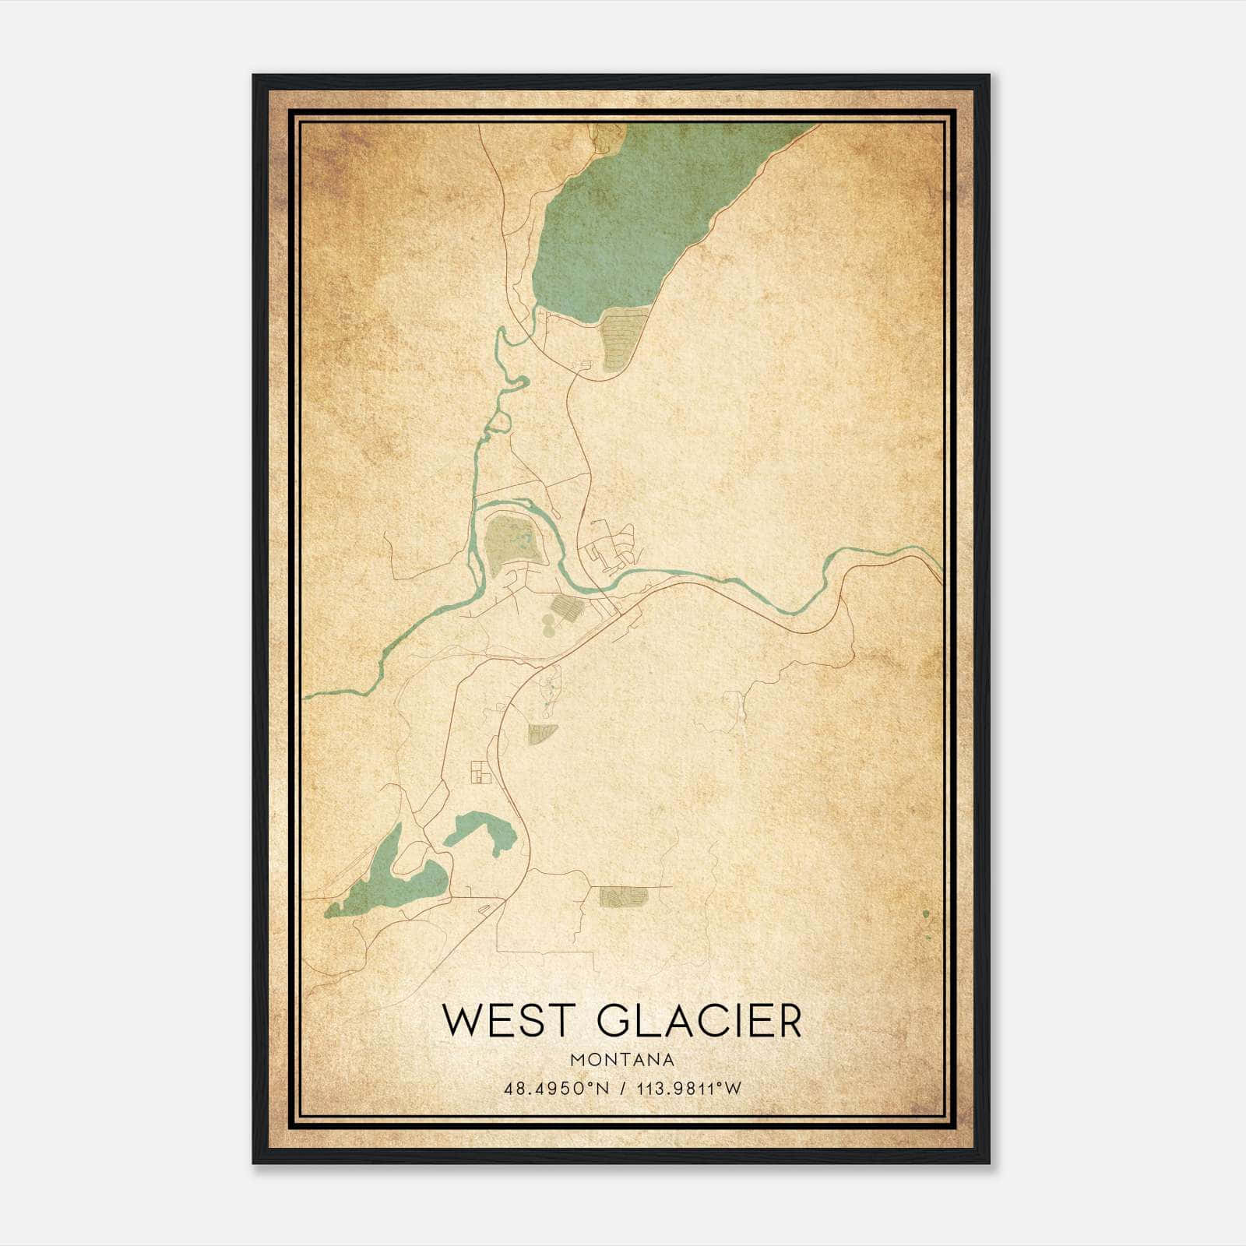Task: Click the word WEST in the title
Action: [x=506, y=1021]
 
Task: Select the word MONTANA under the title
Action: [x=621, y=1060]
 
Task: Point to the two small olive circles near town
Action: [x=549, y=622]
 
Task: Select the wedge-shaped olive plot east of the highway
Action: [x=542, y=732]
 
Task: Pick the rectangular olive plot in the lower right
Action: [x=623, y=897]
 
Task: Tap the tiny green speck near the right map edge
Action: [x=926, y=913]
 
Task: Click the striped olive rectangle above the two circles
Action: [x=566, y=604]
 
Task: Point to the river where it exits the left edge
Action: [x=308, y=697]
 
